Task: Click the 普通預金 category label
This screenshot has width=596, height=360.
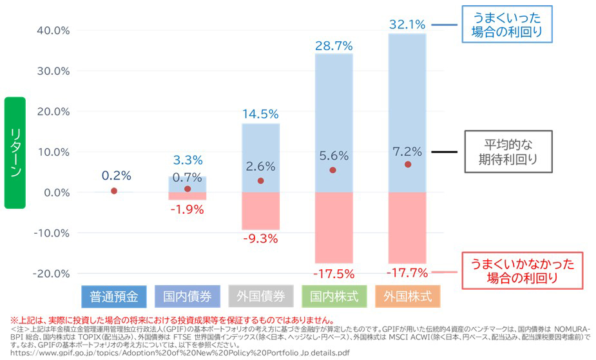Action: coord(114,297)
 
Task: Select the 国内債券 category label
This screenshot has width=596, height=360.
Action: coord(187,297)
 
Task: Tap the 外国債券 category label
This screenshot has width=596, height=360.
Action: coord(260,297)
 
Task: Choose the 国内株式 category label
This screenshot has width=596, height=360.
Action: coord(334,297)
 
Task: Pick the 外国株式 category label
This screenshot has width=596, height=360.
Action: coord(407,297)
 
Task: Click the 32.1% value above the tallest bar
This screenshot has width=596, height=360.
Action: coord(407,25)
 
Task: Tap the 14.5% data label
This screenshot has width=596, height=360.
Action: coord(260,114)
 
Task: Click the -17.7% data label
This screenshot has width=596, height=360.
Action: coord(407,272)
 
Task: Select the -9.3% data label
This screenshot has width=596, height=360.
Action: coord(260,239)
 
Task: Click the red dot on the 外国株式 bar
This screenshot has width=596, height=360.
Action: coord(407,164)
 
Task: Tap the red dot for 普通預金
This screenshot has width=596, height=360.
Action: coord(114,191)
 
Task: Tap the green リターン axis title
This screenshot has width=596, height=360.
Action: coord(15,153)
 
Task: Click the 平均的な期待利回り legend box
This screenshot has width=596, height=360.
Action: coord(508,152)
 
